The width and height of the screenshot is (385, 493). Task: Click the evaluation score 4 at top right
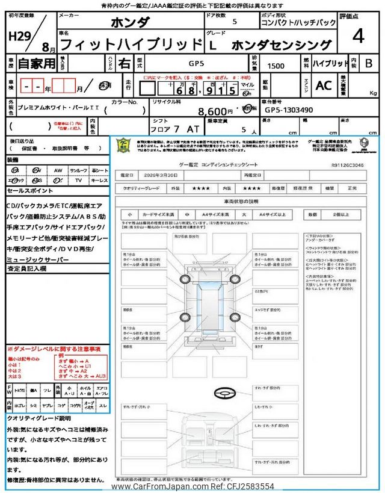[x=359, y=37]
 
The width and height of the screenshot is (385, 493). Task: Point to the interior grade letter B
[x=369, y=63]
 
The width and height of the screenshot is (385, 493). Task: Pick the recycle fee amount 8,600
[x=216, y=111]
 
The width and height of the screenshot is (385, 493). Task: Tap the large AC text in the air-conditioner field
[x=324, y=85]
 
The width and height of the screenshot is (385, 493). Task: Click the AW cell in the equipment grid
[x=58, y=170]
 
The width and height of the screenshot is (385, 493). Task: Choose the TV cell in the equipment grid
[x=79, y=180]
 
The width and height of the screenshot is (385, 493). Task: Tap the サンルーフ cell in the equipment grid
[x=78, y=170]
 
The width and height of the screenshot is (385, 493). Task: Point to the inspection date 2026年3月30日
[x=165, y=174]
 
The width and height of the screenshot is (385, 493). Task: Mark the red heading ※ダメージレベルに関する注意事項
[x=54, y=349]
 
